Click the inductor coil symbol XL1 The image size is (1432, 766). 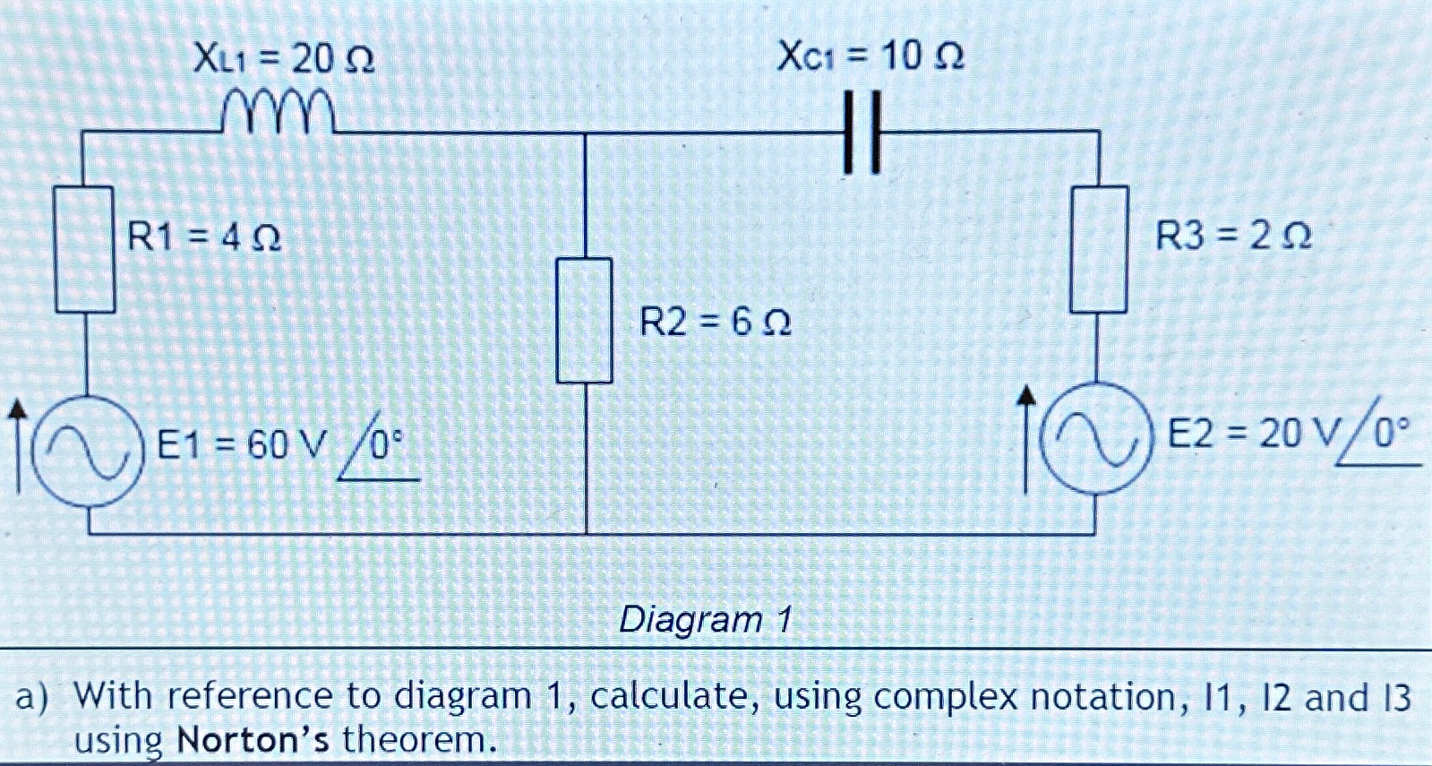click(279, 113)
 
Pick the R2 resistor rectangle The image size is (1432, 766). click(585, 320)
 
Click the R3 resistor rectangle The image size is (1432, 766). click(1099, 249)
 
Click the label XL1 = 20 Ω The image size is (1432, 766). click(284, 60)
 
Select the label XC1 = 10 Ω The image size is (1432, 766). click(870, 57)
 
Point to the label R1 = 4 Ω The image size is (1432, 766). click(205, 237)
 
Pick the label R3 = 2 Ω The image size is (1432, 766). click(1233, 237)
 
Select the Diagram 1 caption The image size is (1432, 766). click(707, 619)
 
